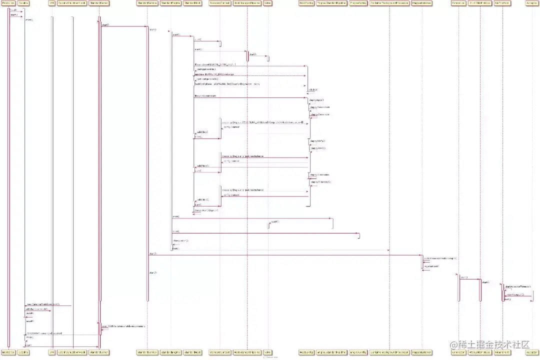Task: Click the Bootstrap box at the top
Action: pos(8,3)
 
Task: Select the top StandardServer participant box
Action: pos(99,3)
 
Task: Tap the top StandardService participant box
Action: pos(147,3)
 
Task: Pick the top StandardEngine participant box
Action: pos(171,3)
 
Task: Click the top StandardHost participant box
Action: pos(193,3)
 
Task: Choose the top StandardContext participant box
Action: pos(219,3)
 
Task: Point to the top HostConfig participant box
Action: pos(306,3)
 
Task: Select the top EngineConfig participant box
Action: pos(358,3)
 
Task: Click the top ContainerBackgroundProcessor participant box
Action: pos(388,3)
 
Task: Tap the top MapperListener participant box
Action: pos(422,3)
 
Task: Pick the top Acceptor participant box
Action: pos(532,3)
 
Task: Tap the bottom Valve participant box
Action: pos(268,352)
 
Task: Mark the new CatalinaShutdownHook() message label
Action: pos(43,304)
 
